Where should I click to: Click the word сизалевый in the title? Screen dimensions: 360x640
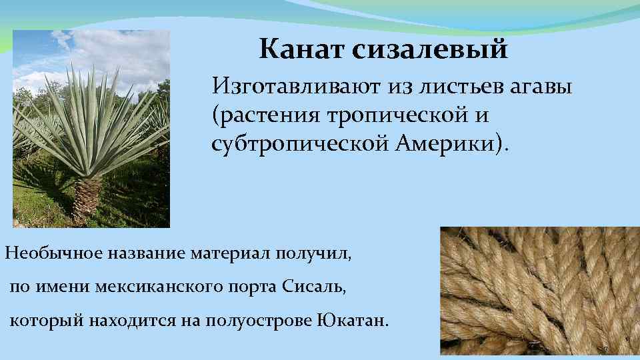pos(432,50)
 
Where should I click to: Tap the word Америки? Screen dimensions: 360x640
pos(453,143)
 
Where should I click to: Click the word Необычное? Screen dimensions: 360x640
pos(49,253)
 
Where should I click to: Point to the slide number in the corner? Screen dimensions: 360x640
pos(605,349)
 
